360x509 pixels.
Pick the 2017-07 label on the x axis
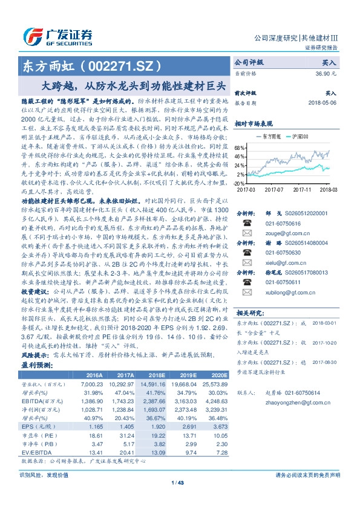click(273, 189)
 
